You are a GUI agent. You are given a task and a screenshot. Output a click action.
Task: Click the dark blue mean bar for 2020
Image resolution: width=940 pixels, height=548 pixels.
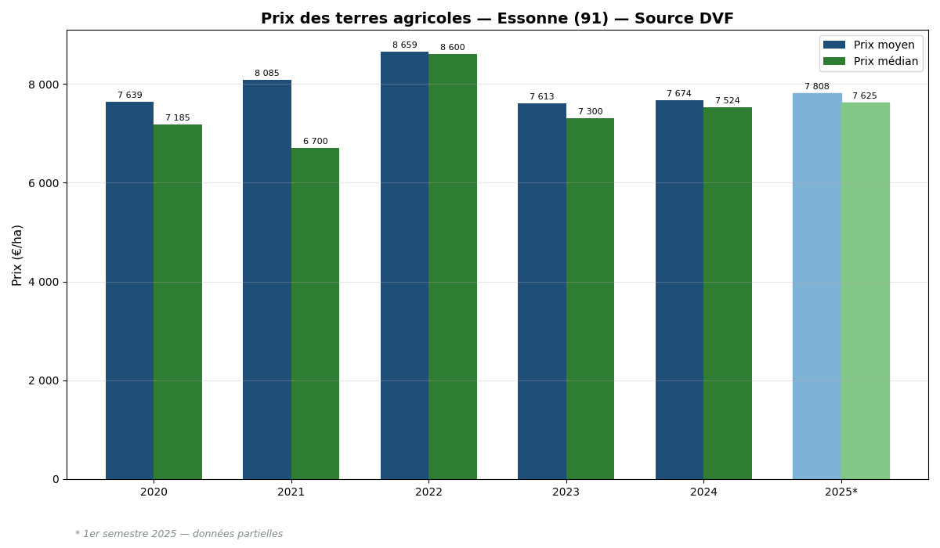point(129,290)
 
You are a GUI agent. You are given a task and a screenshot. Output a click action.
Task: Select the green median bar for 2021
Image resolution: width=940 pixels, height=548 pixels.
point(315,313)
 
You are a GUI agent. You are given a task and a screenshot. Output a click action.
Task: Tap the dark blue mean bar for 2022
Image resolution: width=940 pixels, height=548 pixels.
point(404,266)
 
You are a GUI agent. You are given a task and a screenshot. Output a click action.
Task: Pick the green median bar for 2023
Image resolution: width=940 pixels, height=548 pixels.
point(590,297)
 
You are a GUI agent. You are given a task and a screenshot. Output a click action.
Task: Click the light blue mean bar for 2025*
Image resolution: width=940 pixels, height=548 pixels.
point(817,286)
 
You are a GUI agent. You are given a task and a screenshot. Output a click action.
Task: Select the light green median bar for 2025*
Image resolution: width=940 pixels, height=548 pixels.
point(865,290)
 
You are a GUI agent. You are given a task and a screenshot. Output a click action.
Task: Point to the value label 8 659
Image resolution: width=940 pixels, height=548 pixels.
point(404,45)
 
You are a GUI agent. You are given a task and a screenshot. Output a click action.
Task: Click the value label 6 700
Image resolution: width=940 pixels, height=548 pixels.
point(315,142)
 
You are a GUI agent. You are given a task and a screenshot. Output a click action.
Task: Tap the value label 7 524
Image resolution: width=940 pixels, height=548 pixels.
point(727,101)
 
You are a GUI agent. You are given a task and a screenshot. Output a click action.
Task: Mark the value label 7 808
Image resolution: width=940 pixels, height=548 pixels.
point(816,87)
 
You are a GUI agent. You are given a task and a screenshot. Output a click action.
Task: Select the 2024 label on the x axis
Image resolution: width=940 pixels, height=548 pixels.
point(703,492)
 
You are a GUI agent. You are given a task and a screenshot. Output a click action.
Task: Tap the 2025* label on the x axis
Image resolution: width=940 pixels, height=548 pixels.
point(841,492)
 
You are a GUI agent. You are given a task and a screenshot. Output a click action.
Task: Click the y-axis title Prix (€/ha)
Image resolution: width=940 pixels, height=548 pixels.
point(17,254)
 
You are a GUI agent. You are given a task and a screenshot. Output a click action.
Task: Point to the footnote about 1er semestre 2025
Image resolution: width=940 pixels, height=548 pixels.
point(179,534)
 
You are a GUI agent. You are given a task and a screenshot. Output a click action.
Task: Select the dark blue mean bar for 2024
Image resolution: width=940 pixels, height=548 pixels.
point(679,290)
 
